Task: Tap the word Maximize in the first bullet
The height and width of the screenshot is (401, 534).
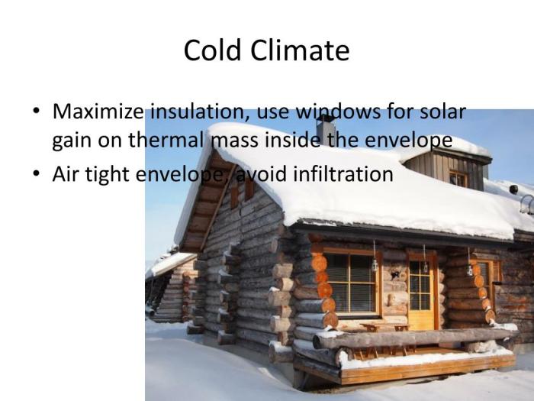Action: [x=98, y=112]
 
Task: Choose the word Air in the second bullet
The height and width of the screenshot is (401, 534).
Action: [x=66, y=173]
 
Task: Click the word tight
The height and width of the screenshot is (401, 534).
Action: [x=108, y=173]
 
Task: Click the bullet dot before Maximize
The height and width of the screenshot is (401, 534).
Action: [x=37, y=112]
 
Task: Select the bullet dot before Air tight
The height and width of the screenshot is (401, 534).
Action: [x=37, y=174]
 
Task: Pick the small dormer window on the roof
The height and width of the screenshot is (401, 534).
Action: [x=458, y=178]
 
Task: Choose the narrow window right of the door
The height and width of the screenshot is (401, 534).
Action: [x=484, y=278]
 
